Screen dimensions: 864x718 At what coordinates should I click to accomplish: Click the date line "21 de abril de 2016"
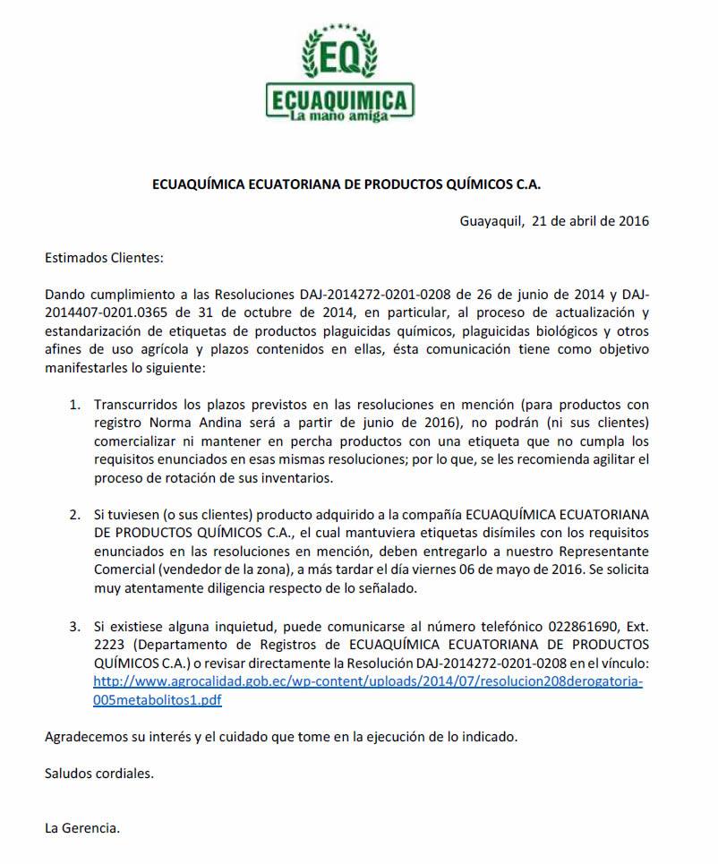click(x=590, y=220)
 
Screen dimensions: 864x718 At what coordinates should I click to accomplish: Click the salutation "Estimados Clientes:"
click(x=104, y=258)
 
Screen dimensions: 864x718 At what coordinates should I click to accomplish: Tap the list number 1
click(x=75, y=405)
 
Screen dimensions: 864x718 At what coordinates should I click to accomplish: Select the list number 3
click(x=75, y=625)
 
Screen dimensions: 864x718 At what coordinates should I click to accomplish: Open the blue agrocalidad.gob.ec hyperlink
click(x=367, y=681)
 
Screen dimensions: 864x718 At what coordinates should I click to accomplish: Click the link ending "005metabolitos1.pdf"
click(x=158, y=700)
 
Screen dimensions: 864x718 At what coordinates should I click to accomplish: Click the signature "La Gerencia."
click(x=82, y=827)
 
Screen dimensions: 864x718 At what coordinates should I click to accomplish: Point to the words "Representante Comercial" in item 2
click(x=591, y=552)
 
